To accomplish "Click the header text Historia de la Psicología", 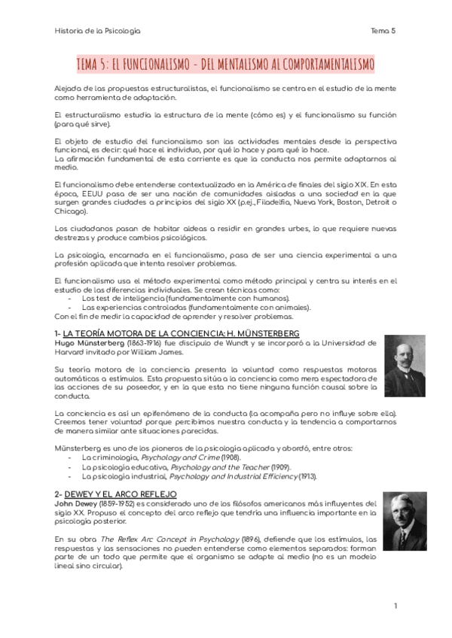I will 98,31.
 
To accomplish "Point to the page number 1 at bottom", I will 394,606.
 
